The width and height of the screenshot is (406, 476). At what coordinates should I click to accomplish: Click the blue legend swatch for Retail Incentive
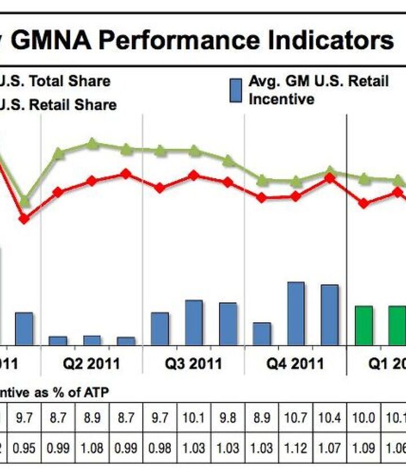(x=236, y=91)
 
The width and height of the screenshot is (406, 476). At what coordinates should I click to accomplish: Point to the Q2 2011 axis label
(x=91, y=363)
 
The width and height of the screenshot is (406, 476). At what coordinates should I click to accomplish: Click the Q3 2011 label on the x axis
(x=193, y=363)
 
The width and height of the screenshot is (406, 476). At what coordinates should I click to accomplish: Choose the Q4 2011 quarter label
(x=295, y=363)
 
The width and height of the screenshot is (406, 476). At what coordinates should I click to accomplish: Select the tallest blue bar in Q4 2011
(x=295, y=313)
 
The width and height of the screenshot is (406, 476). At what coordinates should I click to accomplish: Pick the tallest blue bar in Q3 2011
(x=194, y=322)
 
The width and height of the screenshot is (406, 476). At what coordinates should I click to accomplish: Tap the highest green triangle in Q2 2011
(x=93, y=144)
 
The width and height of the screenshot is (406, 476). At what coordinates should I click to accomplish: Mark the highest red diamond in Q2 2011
(x=126, y=174)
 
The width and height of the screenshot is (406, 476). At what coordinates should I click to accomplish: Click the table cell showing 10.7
(x=295, y=419)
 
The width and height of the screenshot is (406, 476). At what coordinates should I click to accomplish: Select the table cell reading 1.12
(x=295, y=449)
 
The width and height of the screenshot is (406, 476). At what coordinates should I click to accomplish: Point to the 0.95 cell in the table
(x=24, y=449)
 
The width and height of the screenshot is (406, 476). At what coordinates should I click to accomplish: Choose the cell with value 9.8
(x=228, y=419)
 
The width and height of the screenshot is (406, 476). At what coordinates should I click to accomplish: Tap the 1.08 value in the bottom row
(x=92, y=449)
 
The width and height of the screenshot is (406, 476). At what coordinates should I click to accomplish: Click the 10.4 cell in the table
(x=329, y=419)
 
